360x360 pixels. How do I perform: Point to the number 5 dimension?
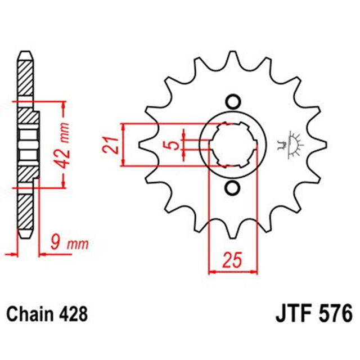175,145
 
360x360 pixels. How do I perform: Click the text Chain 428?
48,313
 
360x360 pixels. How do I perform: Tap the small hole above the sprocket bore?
231,102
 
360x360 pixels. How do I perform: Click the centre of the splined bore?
231,145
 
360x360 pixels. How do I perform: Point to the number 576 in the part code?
328,313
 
